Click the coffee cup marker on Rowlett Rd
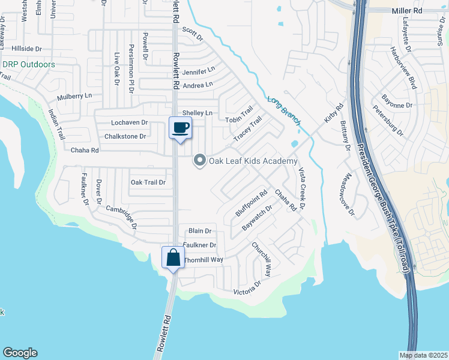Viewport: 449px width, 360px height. tap(181, 127)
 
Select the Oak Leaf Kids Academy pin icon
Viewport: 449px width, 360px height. tap(199, 160)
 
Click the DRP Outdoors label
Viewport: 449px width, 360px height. tap(28, 64)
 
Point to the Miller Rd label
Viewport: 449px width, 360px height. tap(407, 11)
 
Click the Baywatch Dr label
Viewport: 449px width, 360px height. tap(257, 218)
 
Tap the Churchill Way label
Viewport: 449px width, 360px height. tap(262, 259)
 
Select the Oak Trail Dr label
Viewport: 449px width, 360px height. tap(148, 182)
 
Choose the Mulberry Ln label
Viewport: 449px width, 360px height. tap(74, 96)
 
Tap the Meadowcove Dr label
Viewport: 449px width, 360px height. tap(348, 196)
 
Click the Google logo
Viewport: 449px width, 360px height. tap(20, 353)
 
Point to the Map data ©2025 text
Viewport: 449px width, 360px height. tap(423, 355)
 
